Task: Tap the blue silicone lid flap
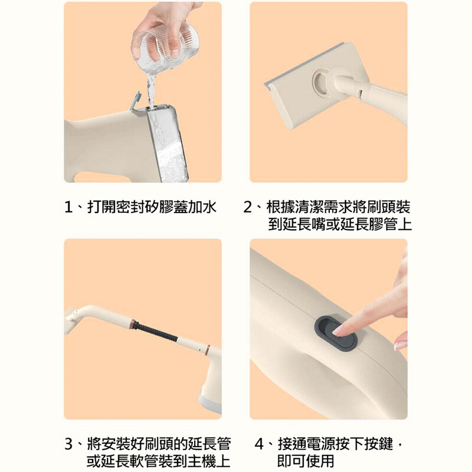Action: tap(137, 101)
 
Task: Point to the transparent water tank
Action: tap(168, 143)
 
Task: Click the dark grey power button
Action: tap(336, 332)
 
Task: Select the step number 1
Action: tap(68, 207)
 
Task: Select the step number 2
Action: tap(247, 207)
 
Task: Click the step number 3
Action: tap(68, 444)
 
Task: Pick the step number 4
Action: tap(259, 444)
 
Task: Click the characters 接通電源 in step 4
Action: tap(306, 444)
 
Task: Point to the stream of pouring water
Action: tap(150, 88)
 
